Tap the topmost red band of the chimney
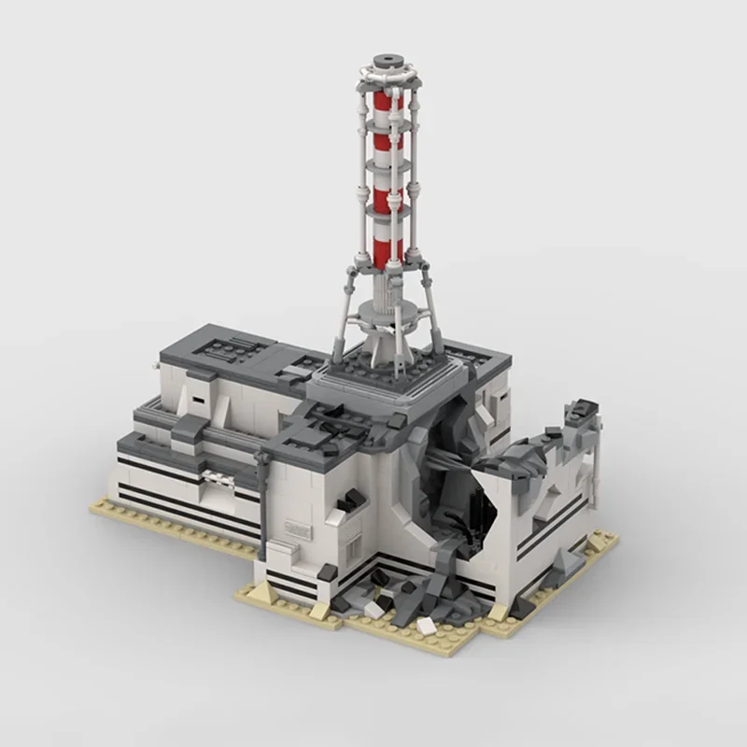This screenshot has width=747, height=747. click(x=383, y=101)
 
